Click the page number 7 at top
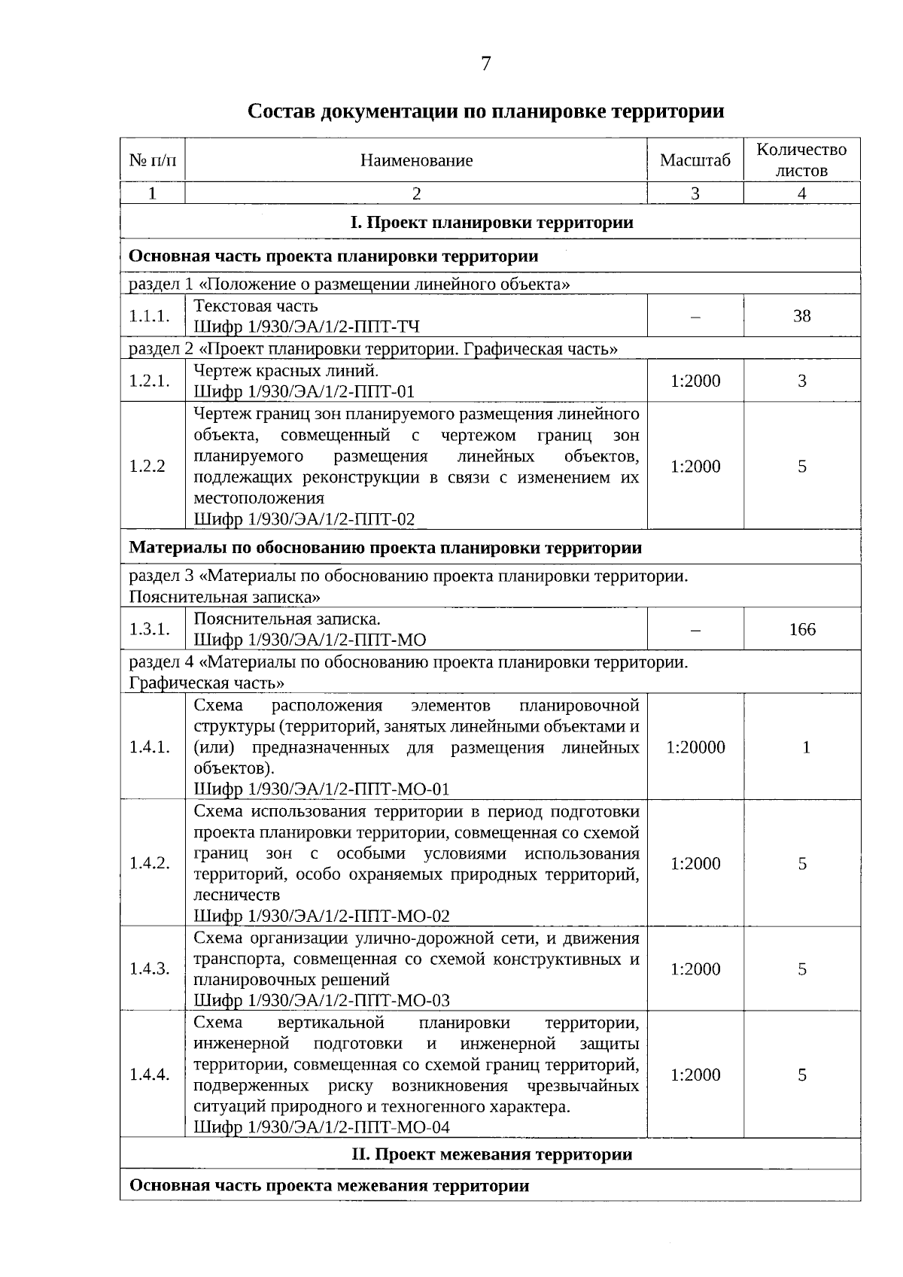click(485, 64)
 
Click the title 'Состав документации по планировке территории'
click(485, 112)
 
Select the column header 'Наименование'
click(416, 160)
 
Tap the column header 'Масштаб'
click(695, 160)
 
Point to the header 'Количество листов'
click(801, 160)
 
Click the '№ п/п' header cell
click(153, 160)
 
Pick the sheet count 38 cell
click(801, 316)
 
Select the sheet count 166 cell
click(801, 629)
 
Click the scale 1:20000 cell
click(695, 747)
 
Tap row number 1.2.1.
click(149, 381)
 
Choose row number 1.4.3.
click(149, 969)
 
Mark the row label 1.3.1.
click(149, 629)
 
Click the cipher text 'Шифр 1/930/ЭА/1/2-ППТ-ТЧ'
click(306, 327)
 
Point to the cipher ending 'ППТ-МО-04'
click(322, 1126)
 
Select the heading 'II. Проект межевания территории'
click(491, 1154)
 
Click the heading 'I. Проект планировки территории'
click(491, 223)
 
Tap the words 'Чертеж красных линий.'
click(286, 370)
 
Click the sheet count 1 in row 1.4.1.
click(806, 747)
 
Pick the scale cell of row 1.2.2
click(695, 467)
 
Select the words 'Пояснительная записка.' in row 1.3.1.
click(287, 619)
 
